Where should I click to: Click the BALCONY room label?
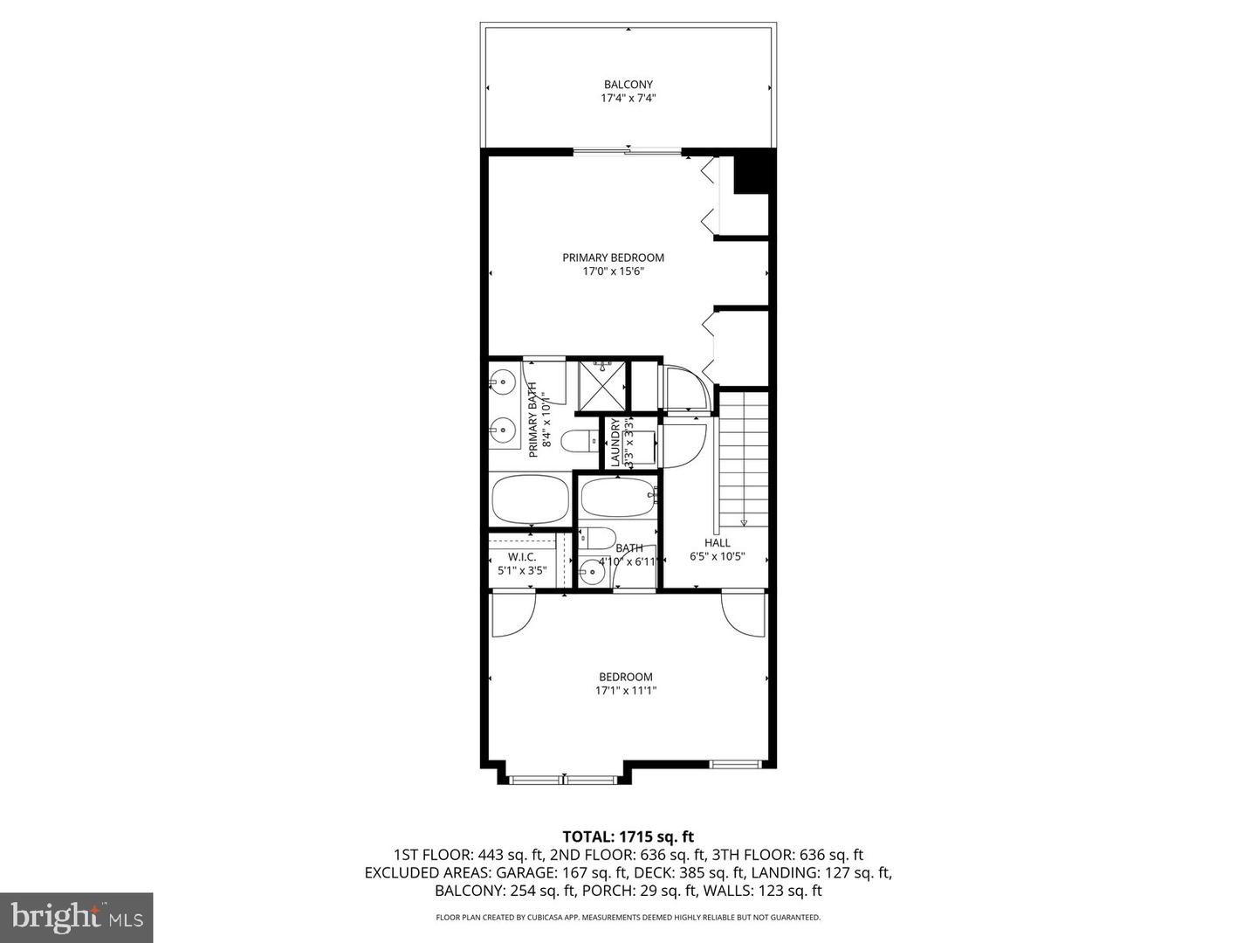click(628, 85)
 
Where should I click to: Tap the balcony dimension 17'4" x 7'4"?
click(628, 99)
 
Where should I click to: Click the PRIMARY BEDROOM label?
click(613, 258)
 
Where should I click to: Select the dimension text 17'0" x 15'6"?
click(613, 272)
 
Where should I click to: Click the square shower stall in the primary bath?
click(602, 384)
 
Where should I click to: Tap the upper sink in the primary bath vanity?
click(502, 381)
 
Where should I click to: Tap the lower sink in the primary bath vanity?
click(502, 428)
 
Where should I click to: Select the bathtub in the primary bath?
click(530, 499)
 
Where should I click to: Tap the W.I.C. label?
click(521, 557)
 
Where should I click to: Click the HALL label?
click(717, 543)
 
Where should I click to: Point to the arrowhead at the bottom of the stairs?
click(744, 523)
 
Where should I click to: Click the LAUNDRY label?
click(615, 443)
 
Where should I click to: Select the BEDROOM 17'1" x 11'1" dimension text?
click(625, 691)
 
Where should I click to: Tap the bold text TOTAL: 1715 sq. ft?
click(628, 836)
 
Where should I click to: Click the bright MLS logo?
click(76, 917)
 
